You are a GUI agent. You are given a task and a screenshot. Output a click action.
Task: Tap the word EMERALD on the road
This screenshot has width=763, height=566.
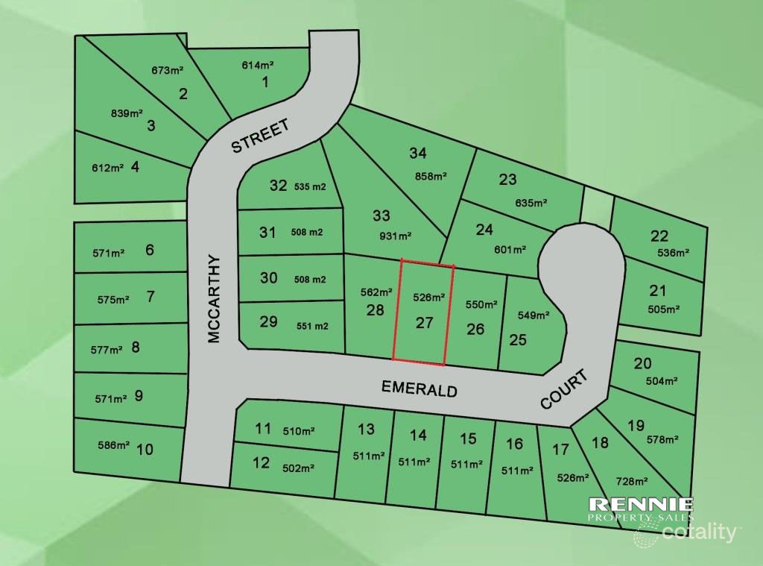[419, 389]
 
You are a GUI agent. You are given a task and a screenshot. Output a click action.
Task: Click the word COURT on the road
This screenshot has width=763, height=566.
[563, 389]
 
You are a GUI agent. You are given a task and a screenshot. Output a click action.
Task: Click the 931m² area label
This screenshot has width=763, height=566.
[396, 236]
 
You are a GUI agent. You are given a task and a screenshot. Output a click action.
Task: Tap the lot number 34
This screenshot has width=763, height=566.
[418, 154]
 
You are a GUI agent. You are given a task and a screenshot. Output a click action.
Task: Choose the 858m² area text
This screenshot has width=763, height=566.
[431, 177]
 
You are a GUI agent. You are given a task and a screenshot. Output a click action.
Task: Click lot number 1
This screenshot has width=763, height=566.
[265, 82]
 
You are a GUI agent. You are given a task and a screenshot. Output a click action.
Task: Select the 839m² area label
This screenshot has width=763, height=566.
[126, 113]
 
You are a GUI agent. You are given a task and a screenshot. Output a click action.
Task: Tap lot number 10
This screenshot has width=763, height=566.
[145, 449]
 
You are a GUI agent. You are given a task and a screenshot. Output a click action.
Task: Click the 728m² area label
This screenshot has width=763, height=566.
[631, 481]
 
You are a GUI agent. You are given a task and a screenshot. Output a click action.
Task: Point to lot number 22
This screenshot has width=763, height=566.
[659, 236]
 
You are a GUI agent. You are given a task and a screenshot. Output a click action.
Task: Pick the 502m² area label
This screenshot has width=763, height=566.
[298, 468]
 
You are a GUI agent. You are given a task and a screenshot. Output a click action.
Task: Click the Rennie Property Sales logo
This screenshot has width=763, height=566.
[641, 509]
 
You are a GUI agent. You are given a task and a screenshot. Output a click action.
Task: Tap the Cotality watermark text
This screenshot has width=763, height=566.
[698, 532]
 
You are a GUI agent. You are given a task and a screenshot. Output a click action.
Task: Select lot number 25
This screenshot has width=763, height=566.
[518, 339]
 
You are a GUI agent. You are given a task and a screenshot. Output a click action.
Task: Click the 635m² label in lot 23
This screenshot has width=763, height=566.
[531, 202]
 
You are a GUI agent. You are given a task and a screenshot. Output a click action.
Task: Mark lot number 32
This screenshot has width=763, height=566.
[278, 186]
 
